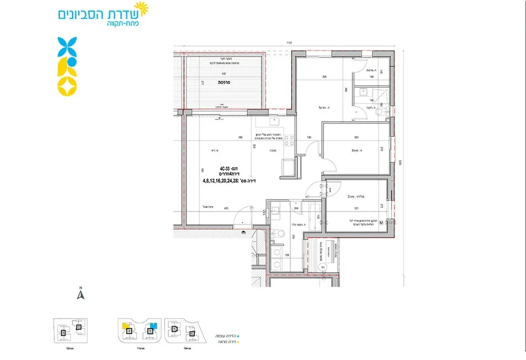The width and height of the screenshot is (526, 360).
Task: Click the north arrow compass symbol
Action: click(x=80, y=294)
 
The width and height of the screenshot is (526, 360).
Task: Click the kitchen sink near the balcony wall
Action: click(x=274, y=122)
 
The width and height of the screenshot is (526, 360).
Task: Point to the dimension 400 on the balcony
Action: click(x=224, y=74)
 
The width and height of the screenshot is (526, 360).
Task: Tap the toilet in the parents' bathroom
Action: click(x=379, y=111)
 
